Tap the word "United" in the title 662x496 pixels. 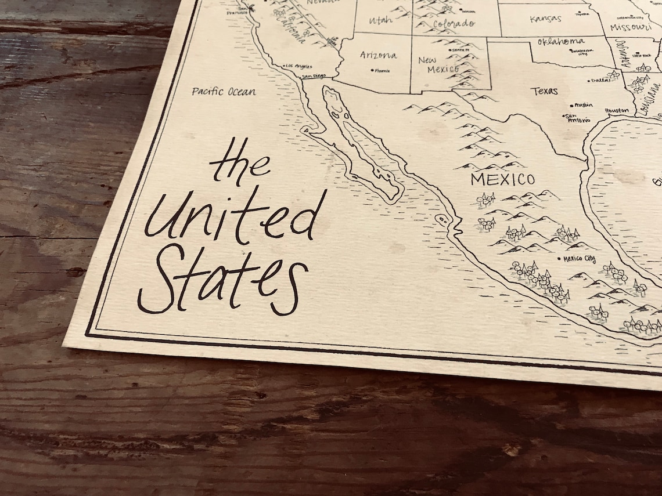click(x=235, y=216)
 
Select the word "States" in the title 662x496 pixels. click(x=222, y=280)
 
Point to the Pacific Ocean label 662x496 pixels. click(x=224, y=91)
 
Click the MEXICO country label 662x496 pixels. click(x=502, y=179)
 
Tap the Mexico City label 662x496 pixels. click(x=579, y=259)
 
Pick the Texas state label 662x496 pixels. click(x=544, y=91)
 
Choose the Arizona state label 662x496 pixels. click(x=379, y=55)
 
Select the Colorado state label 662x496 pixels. click(x=454, y=24)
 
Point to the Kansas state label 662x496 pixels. click(x=545, y=19)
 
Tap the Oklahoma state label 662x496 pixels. click(x=560, y=42)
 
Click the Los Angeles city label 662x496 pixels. click(x=299, y=66)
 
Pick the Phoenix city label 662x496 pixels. click(x=382, y=71)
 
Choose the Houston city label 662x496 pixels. click(x=616, y=110)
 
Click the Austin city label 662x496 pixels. click(x=583, y=105)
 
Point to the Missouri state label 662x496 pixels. click(x=631, y=27)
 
